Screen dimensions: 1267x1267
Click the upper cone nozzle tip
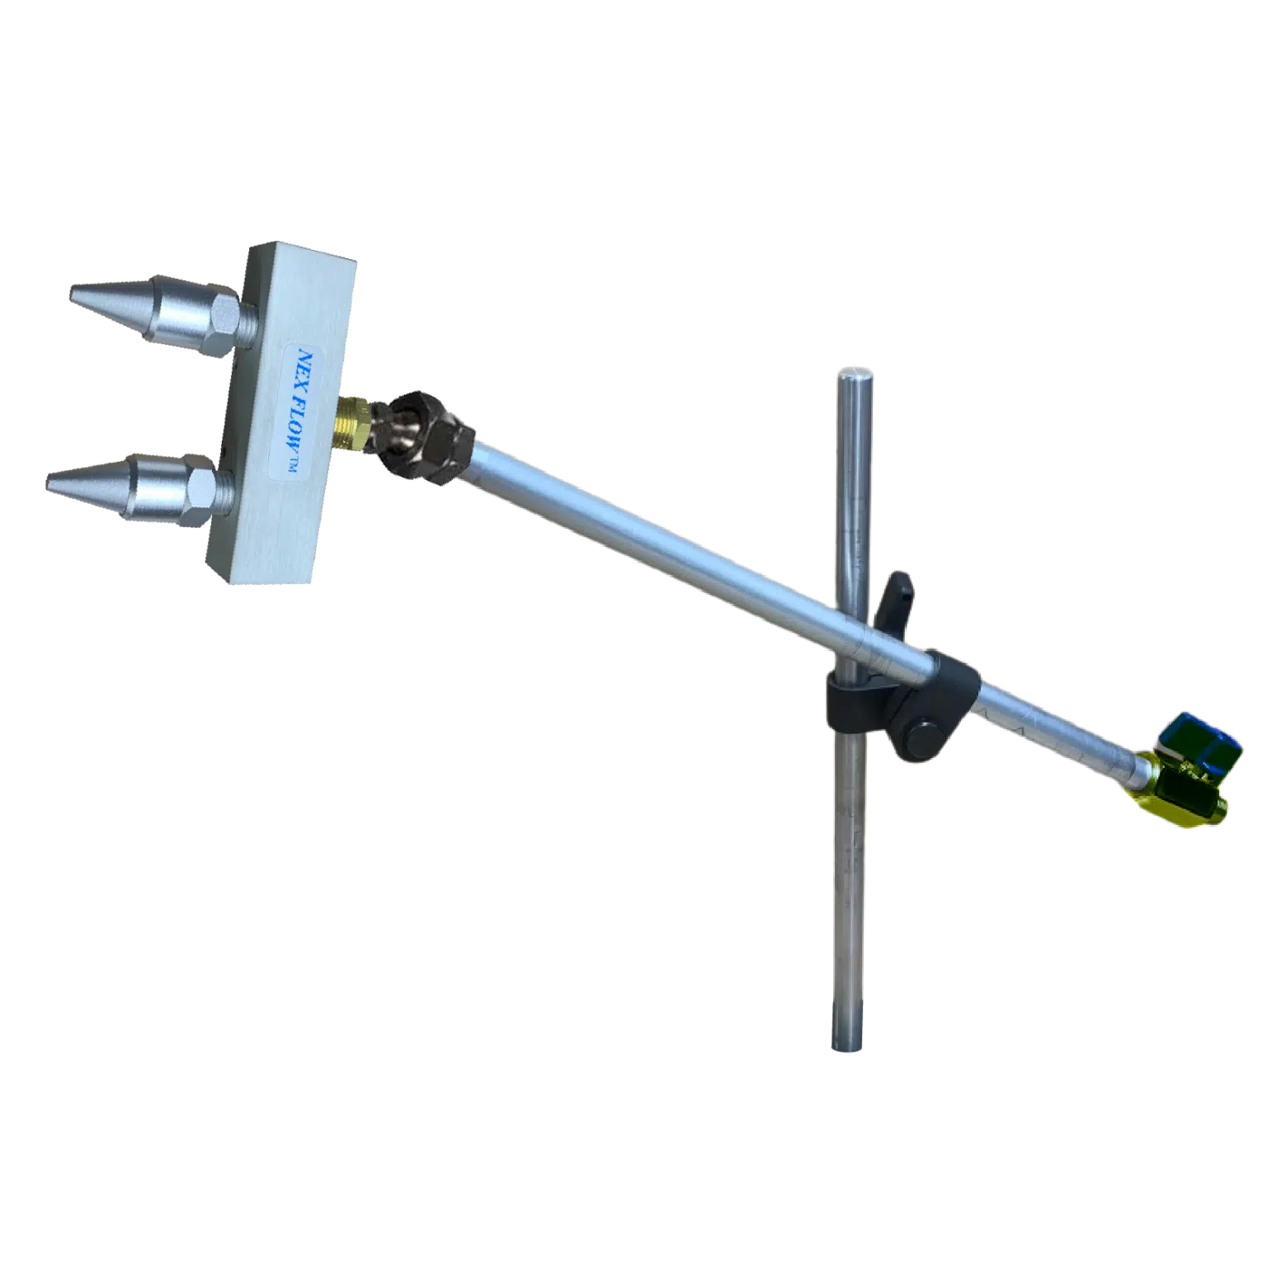click(72, 293)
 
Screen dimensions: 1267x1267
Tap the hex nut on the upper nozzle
click(222, 323)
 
